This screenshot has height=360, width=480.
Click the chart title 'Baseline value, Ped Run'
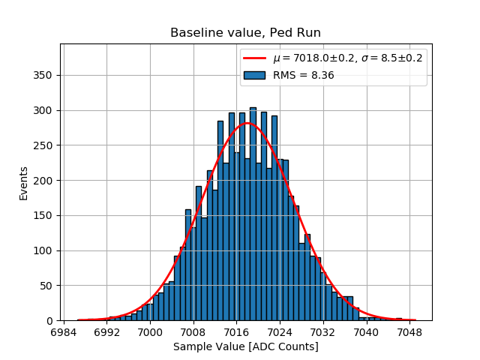pos(245,33)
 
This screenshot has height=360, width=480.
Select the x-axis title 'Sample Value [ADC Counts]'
pos(245,346)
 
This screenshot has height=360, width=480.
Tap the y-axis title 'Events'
pos(24,183)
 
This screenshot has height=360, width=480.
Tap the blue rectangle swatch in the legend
pos(255,75)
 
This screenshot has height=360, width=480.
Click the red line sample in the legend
pos(255,59)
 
